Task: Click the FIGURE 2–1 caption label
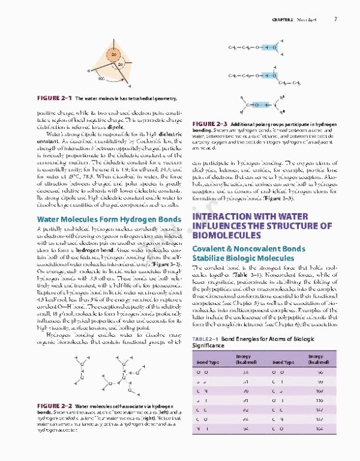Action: pos(53,97)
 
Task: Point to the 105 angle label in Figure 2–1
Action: pos(100,78)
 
